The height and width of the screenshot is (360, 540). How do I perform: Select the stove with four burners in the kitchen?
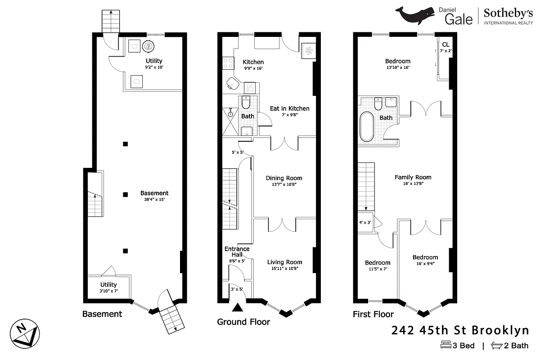point(228,63)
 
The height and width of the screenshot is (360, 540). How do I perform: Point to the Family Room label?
point(413,177)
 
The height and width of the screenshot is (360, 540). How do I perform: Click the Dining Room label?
point(283,178)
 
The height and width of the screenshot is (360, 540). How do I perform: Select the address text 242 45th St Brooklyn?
point(460,331)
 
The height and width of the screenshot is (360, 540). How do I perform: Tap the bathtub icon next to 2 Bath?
point(496,346)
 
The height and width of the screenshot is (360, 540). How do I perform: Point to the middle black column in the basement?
point(126,194)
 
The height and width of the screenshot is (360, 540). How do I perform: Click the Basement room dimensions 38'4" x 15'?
point(154,199)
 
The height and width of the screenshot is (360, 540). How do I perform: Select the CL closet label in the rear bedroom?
point(445,45)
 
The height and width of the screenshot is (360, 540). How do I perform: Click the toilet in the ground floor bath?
point(246,103)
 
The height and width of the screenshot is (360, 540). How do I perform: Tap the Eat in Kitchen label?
point(289,108)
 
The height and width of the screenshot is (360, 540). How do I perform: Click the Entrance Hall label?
point(237,252)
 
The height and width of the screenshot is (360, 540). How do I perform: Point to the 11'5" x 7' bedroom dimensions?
point(377,269)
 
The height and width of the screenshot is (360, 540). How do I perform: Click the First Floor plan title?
point(373,314)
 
